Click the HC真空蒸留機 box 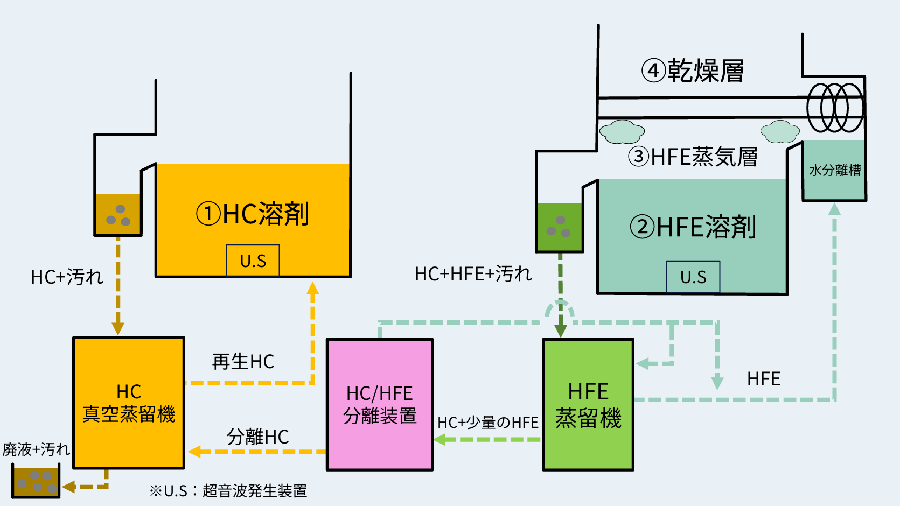tap(129, 403)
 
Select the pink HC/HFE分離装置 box tap(380, 404)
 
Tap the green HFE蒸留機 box tap(588, 404)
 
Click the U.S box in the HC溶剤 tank tap(253, 261)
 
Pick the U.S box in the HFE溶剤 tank tap(693, 277)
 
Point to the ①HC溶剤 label tap(252, 214)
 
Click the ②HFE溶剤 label tap(693, 227)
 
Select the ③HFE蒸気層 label tap(693, 157)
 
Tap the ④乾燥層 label tap(693, 71)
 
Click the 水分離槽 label tap(834, 171)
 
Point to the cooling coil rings tap(835, 108)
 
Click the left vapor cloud tap(622, 131)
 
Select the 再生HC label tap(243, 362)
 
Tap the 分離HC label tap(257, 437)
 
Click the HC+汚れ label tap(67, 277)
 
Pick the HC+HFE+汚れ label tap(473, 274)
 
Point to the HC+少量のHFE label tap(487, 423)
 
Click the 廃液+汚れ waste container tap(36, 481)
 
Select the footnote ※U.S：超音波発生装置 tap(228, 491)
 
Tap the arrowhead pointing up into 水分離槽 tap(834, 209)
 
